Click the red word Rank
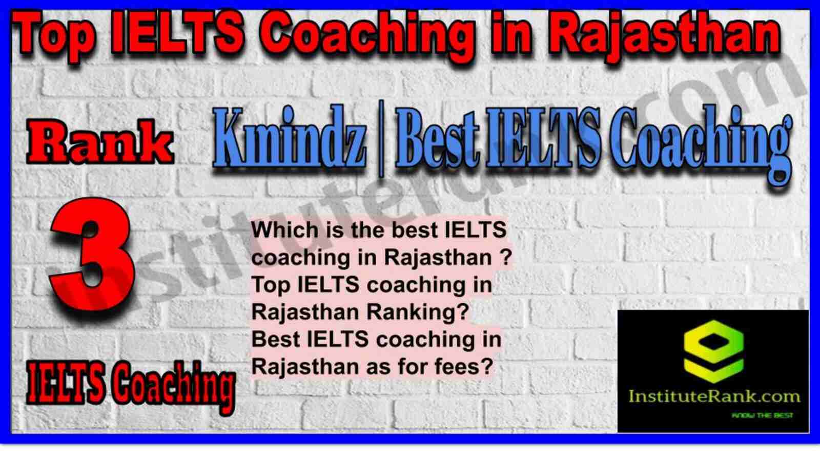click(x=100, y=143)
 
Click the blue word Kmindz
click(x=290, y=138)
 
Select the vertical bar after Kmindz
click(x=381, y=139)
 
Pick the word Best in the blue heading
click(x=438, y=138)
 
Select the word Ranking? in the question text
click(x=417, y=312)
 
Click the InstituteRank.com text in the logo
click(x=714, y=396)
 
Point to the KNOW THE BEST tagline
click(x=762, y=415)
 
